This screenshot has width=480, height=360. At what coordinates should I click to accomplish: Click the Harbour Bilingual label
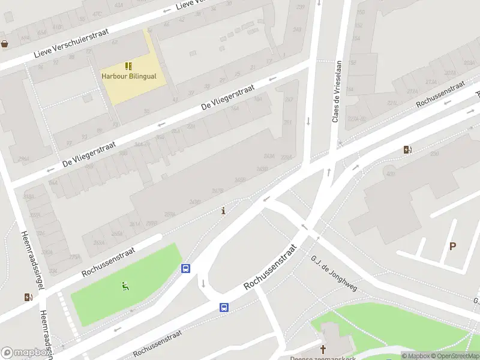(x=128, y=76)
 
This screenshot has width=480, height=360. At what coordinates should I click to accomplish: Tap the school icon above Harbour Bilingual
(x=128, y=65)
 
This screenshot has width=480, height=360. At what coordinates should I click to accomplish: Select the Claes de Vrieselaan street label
(x=337, y=91)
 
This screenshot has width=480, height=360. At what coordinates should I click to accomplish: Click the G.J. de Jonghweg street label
(x=334, y=274)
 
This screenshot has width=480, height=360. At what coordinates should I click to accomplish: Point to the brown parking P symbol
(x=452, y=246)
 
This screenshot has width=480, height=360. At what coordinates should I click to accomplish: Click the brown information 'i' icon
(x=224, y=211)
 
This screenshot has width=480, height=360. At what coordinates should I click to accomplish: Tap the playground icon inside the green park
(x=125, y=287)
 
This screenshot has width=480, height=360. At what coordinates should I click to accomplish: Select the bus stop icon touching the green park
(x=186, y=269)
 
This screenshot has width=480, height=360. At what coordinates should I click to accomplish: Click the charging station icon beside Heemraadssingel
(x=28, y=296)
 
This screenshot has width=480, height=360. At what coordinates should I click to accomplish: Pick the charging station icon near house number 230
(x=407, y=149)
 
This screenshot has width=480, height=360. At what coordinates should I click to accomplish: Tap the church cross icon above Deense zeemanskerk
(x=323, y=349)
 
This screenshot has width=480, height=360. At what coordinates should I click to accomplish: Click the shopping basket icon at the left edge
(x=5, y=43)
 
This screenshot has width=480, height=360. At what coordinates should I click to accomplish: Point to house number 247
(x=289, y=100)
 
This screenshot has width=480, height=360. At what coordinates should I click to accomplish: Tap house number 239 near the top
(x=300, y=7)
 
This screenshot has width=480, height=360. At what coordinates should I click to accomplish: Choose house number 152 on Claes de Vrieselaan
(x=353, y=62)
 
